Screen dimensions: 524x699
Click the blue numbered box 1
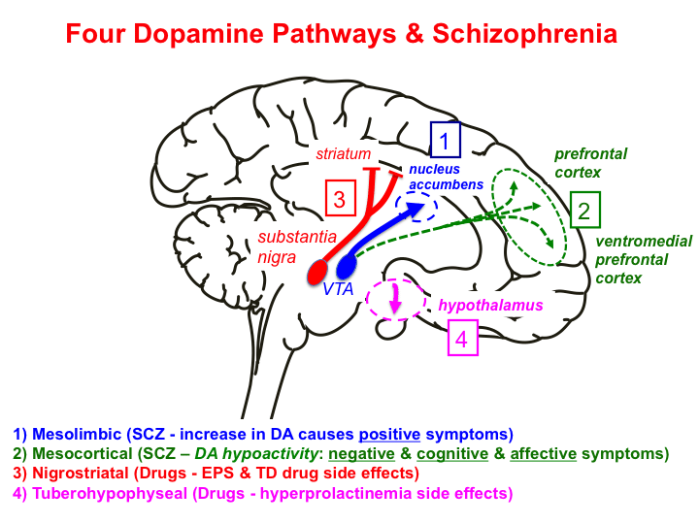point(445,142)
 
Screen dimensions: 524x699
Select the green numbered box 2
point(584,211)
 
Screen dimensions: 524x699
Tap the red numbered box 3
point(339,200)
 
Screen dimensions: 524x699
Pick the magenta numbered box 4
point(462,340)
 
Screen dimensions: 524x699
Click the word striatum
point(344,153)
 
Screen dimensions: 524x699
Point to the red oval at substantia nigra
point(319,271)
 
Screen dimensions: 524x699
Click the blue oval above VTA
point(347,265)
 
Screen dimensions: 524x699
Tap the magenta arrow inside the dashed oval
point(395,303)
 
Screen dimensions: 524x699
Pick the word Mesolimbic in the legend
point(68,433)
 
